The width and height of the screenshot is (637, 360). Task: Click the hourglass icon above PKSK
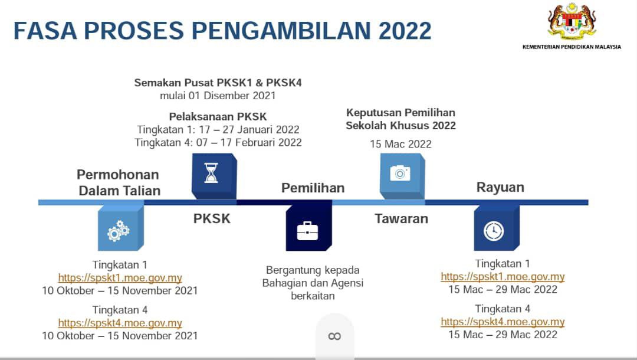pos(211,173)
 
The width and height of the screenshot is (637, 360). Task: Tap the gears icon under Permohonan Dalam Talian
pos(118,231)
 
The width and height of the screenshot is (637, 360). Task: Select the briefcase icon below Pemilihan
pos(307,231)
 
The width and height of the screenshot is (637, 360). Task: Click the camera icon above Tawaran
pos(400,173)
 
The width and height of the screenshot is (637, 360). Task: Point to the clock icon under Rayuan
pos(494,231)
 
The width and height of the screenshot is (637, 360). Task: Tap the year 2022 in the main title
pos(405,31)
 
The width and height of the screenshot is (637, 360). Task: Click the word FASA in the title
pos(45,31)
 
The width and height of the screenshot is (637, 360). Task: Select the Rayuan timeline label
pos(500,187)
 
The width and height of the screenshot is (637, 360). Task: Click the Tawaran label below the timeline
pos(402,218)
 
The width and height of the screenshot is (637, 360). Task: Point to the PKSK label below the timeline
pos(212,218)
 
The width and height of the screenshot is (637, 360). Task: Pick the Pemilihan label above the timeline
pos(313,188)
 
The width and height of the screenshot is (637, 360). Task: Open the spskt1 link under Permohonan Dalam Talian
pos(120,277)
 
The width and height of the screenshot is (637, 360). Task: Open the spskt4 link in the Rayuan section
pos(503,322)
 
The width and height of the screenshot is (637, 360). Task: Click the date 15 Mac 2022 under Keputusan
pos(400,144)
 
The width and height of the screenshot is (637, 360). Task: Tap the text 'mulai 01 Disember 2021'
pos(218,96)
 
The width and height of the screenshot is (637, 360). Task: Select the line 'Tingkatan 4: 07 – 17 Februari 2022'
pos(218,143)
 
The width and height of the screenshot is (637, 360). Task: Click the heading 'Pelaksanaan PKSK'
pos(218,117)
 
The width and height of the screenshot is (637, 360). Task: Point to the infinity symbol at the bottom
pos(334,336)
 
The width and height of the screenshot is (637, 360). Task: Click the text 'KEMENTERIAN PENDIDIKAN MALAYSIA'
pos(572,47)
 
